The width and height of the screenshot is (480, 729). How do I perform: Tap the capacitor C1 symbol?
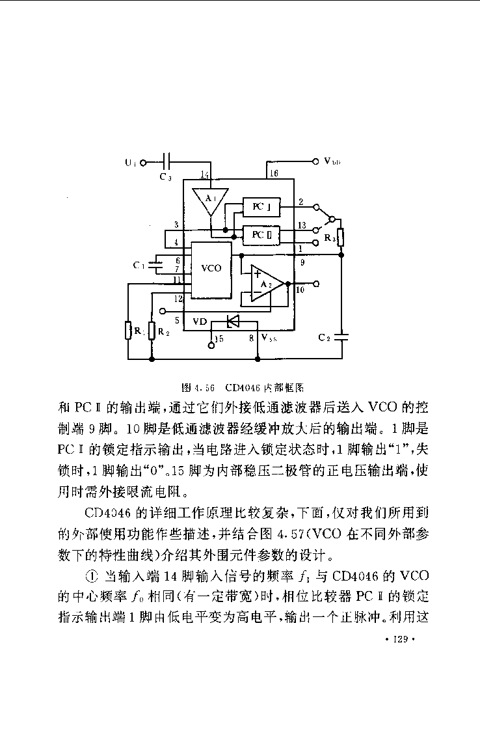click(x=155, y=265)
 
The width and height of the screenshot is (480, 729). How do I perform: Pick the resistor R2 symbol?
click(x=152, y=331)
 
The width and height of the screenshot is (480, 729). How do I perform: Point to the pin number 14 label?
click(x=205, y=174)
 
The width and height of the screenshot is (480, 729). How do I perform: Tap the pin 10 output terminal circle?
click(x=316, y=284)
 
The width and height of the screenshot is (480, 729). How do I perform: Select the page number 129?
click(x=399, y=640)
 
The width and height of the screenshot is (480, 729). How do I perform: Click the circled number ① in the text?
click(x=90, y=575)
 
